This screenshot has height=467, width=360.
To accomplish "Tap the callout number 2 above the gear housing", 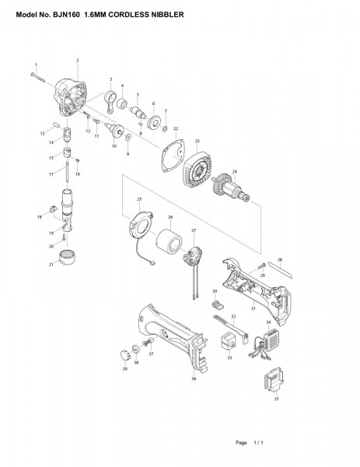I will click(78, 61).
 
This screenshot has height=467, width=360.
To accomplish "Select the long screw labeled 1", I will click(40, 75).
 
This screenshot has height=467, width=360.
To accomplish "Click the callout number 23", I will click(197, 141).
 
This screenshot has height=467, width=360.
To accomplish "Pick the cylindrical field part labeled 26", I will click(170, 245).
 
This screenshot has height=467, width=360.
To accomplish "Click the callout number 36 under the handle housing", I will click(194, 379).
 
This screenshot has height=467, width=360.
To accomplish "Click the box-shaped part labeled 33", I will click(229, 340).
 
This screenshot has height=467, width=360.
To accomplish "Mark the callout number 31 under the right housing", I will click(253, 309).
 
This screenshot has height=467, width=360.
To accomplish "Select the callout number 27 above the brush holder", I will click(194, 231).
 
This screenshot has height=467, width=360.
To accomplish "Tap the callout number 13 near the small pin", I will click(43, 134).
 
